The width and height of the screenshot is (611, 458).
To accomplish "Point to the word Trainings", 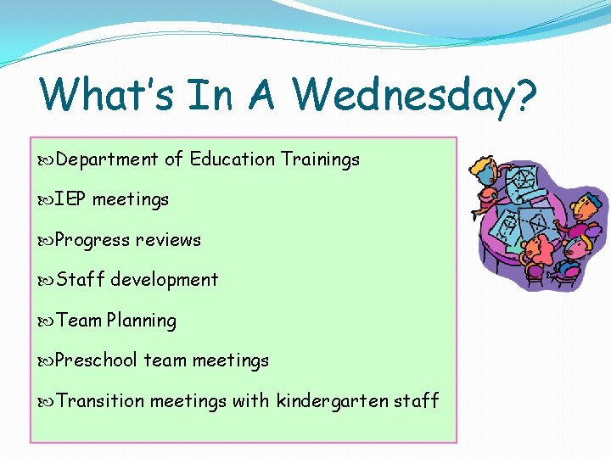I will point(321,159).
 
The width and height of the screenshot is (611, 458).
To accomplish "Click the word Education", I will point(233,159).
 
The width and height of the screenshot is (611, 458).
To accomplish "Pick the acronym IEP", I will point(71,199).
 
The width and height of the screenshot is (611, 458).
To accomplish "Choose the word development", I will point(165,280).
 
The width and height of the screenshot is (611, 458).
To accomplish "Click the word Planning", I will point(142,321).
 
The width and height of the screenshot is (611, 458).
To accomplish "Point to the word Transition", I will point(100,400).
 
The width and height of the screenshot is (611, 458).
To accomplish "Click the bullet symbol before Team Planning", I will point(47,321).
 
